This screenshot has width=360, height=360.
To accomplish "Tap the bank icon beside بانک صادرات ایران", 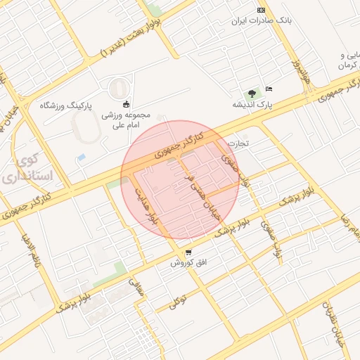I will (262, 10).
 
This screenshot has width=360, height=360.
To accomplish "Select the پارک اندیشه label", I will (252, 105).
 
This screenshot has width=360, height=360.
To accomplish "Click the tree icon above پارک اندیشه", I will (251, 93).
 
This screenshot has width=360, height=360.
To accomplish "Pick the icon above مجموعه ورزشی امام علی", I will (127, 105).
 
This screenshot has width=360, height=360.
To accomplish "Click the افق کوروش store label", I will (188, 263).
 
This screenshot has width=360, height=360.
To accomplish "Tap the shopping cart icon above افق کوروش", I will (188, 252).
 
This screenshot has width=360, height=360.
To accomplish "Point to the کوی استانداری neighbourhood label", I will (32, 169).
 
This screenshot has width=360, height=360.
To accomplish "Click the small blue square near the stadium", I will (82, 157).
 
